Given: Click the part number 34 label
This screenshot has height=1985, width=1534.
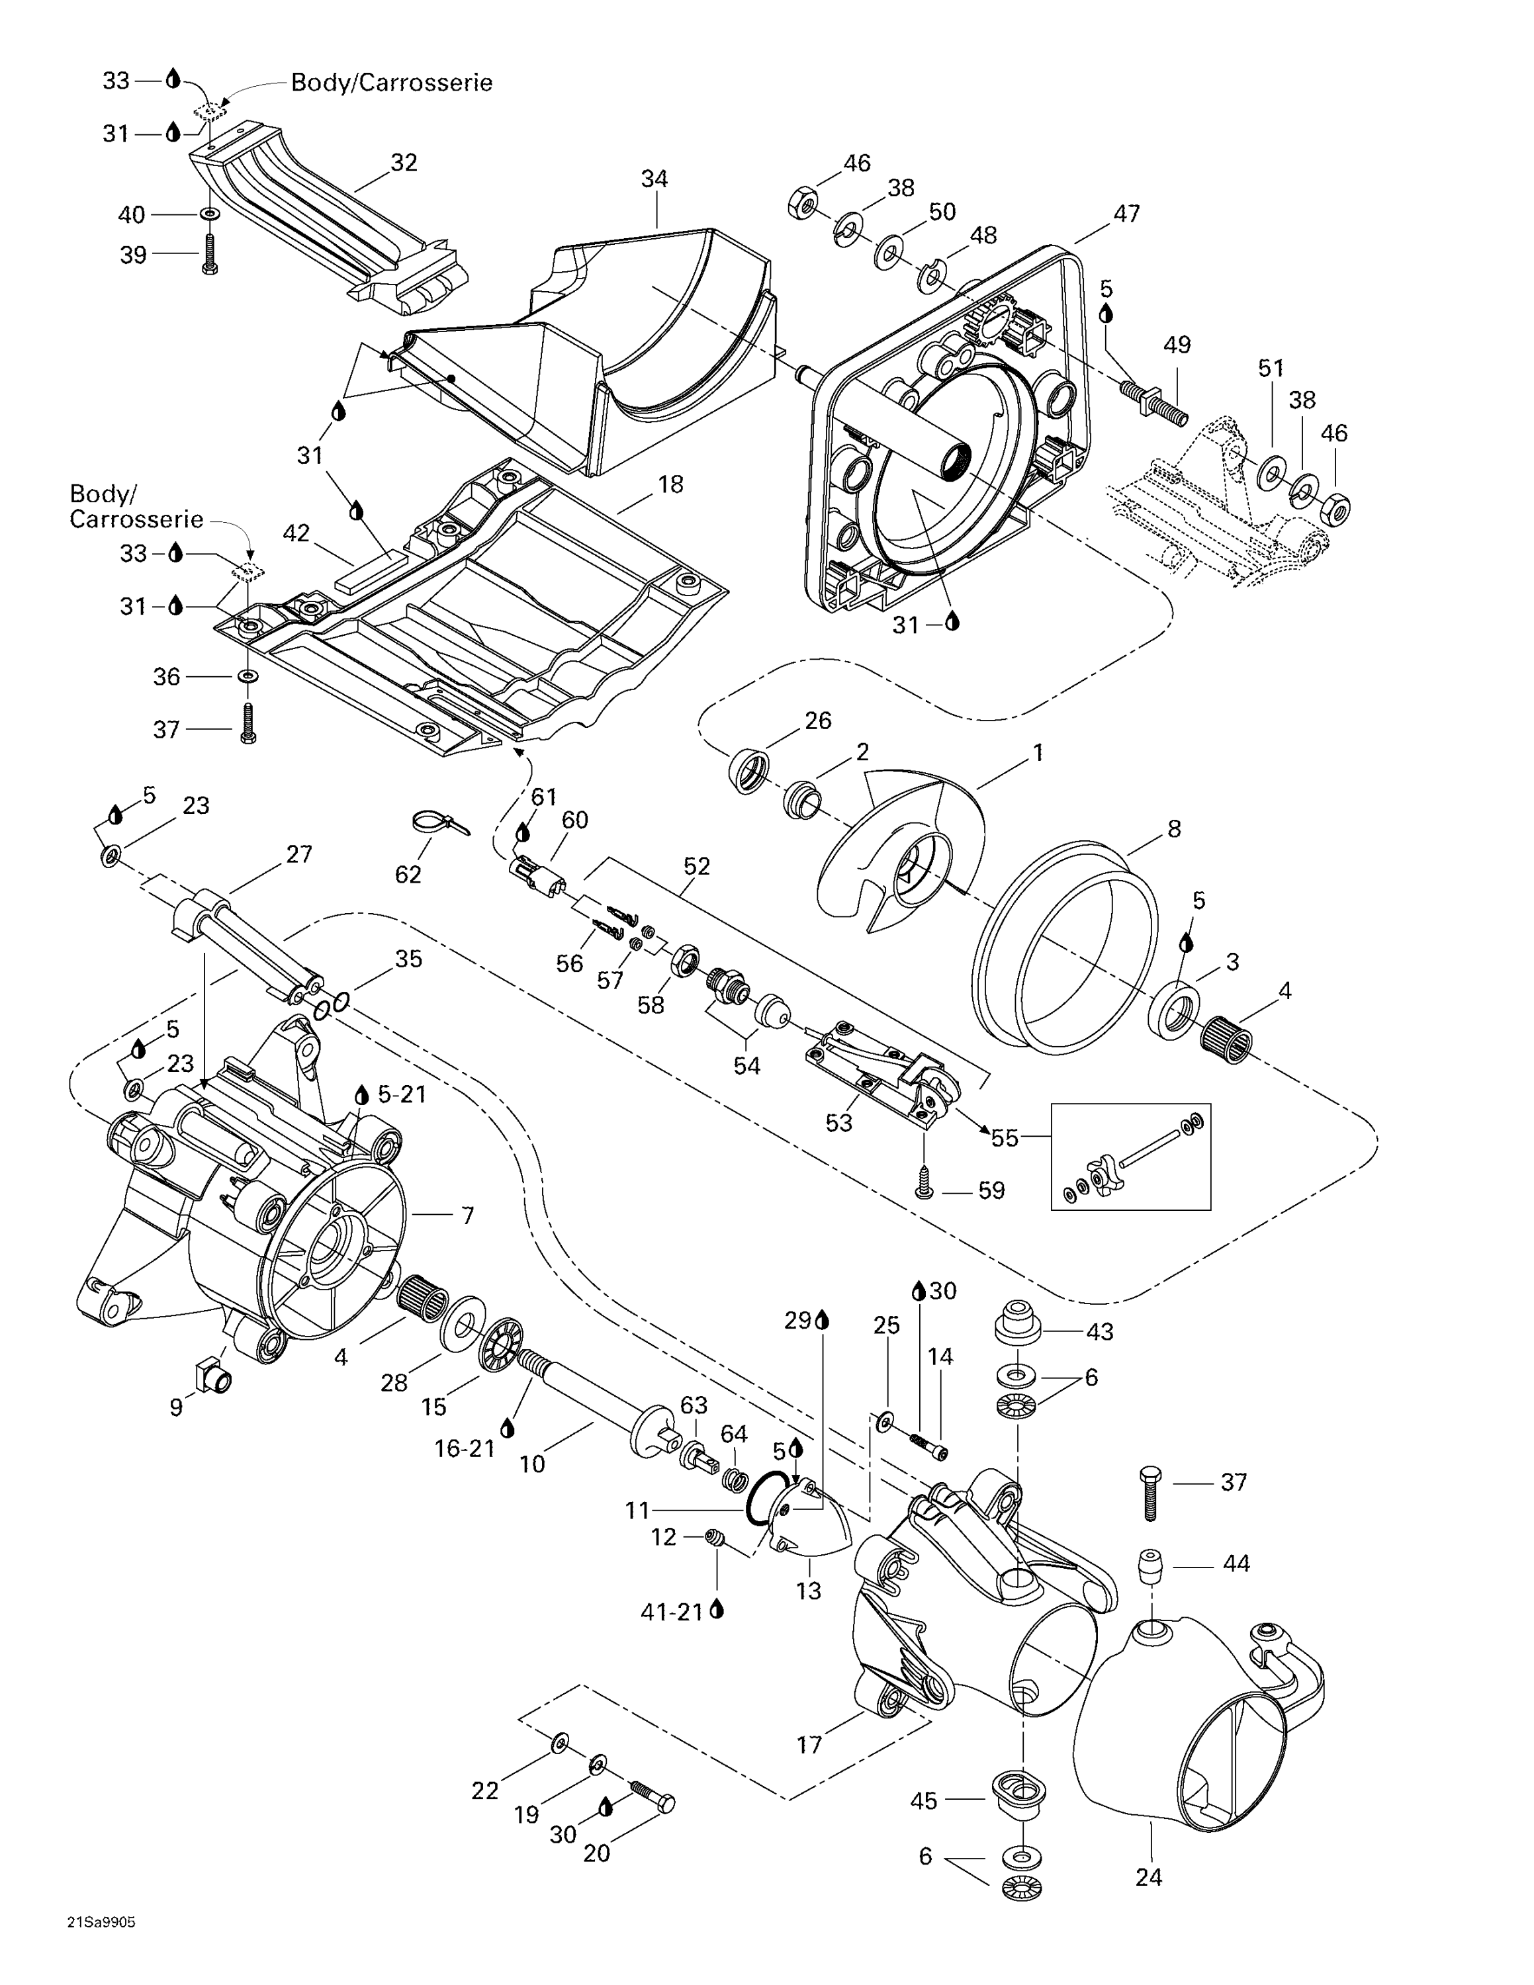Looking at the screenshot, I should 654,179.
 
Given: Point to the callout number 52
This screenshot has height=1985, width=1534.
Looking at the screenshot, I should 696,866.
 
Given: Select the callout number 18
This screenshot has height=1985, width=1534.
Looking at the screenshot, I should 670,484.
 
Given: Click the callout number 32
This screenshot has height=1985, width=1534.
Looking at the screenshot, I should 404,163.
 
